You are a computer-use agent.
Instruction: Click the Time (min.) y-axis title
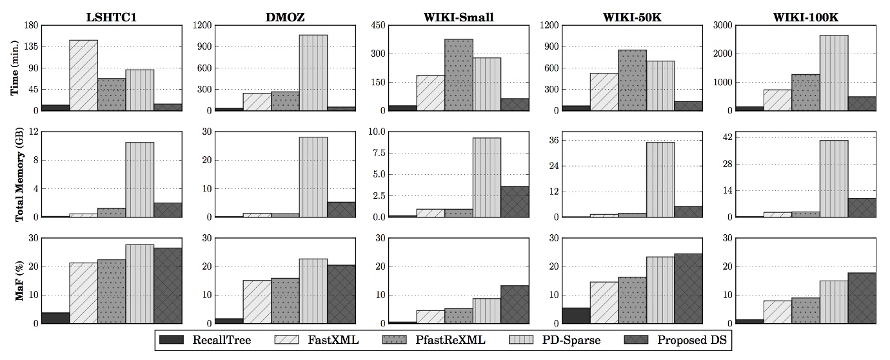click(14, 68)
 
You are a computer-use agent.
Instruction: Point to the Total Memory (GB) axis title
click(14, 174)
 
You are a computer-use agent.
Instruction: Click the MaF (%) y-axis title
click(14, 281)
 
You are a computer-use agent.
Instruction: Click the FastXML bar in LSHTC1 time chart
click(84, 75)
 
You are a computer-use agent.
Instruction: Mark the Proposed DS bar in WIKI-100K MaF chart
click(862, 298)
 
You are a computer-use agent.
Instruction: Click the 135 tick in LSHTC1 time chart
click(30, 46)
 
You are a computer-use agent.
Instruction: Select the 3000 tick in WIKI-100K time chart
click(719, 26)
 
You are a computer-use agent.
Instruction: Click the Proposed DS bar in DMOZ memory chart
click(341, 210)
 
